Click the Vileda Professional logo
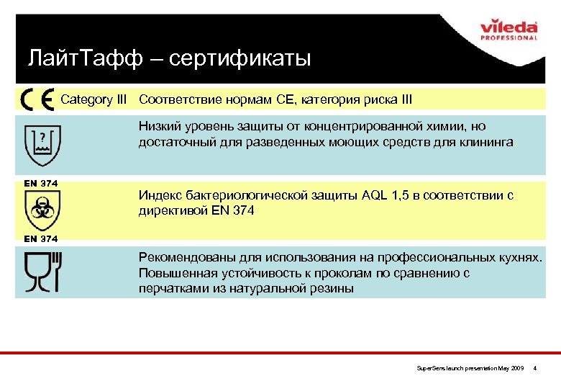[x=508, y=32]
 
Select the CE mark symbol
[x=37, y=99]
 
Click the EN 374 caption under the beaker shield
[x=40, y=184]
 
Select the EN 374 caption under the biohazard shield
[x=40, y=238]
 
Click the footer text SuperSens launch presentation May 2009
[x=470, y=368]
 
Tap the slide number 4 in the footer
[x=544, y=368]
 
